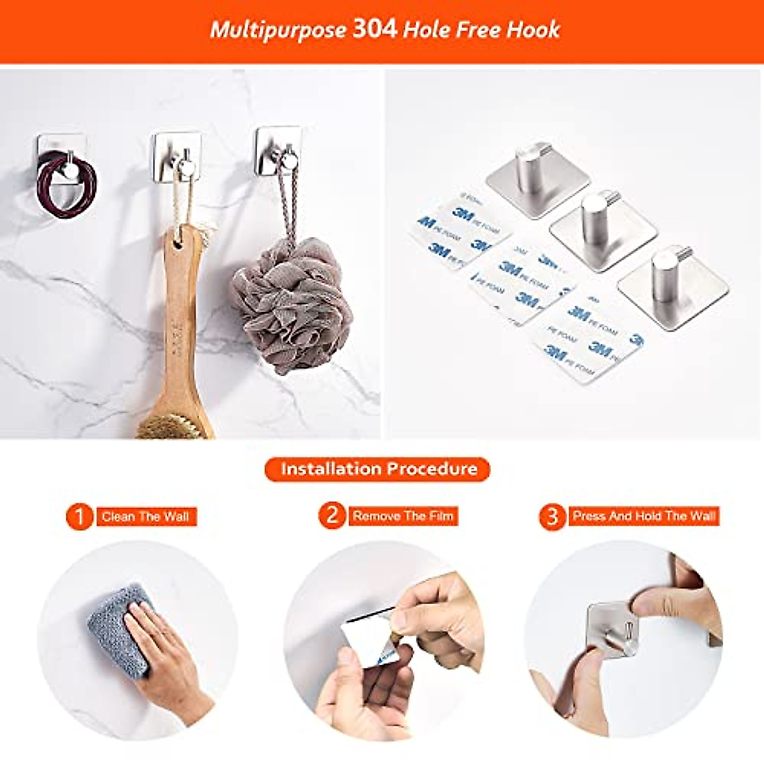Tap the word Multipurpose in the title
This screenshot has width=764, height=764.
[278, 30]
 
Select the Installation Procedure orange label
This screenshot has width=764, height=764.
[378, 469]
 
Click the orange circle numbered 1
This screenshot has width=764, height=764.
[80, 516]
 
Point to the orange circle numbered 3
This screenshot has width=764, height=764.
[552, 516]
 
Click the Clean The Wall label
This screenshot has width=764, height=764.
[146, 516]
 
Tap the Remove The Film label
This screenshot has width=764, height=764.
[403, 516]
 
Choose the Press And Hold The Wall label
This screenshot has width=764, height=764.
[644, 516]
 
